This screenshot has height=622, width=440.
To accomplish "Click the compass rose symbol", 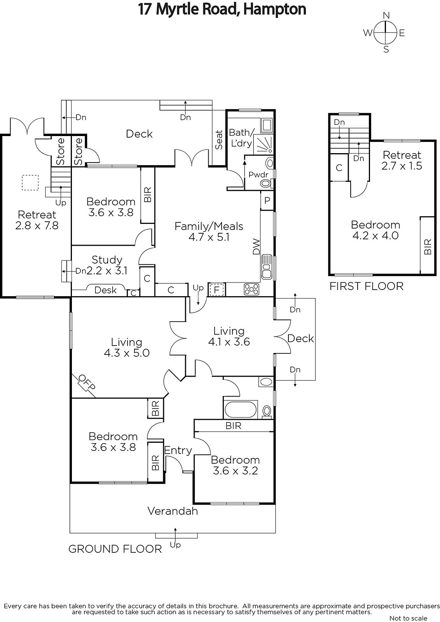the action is (x=386, y=33).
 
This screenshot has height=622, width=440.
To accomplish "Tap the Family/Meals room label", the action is (x=209, y=232).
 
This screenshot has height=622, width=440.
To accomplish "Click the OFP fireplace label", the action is (x=87, y=383).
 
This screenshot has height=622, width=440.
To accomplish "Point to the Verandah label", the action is (x=173, y=511).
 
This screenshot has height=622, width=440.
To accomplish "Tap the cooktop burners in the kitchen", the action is (x=251, y=289).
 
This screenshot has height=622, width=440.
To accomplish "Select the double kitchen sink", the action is (x=267, y=266).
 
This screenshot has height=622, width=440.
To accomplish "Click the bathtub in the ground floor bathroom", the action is (x=240, y=409).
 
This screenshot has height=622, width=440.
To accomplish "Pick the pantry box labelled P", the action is (x=267, y=200).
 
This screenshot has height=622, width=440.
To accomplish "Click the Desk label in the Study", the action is (x=105, y=290).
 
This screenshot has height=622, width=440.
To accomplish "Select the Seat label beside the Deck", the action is (x=219, y=140).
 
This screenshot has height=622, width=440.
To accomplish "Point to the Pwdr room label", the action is (x=258, y=175).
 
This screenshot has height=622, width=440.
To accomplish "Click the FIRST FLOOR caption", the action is (x=367, y=286).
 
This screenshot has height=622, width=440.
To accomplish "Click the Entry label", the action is (x=178, y=451).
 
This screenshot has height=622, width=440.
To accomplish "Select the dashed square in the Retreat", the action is (x=30, y=182).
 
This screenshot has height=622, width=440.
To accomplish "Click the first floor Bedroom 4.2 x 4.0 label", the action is (x=375, y=230).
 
